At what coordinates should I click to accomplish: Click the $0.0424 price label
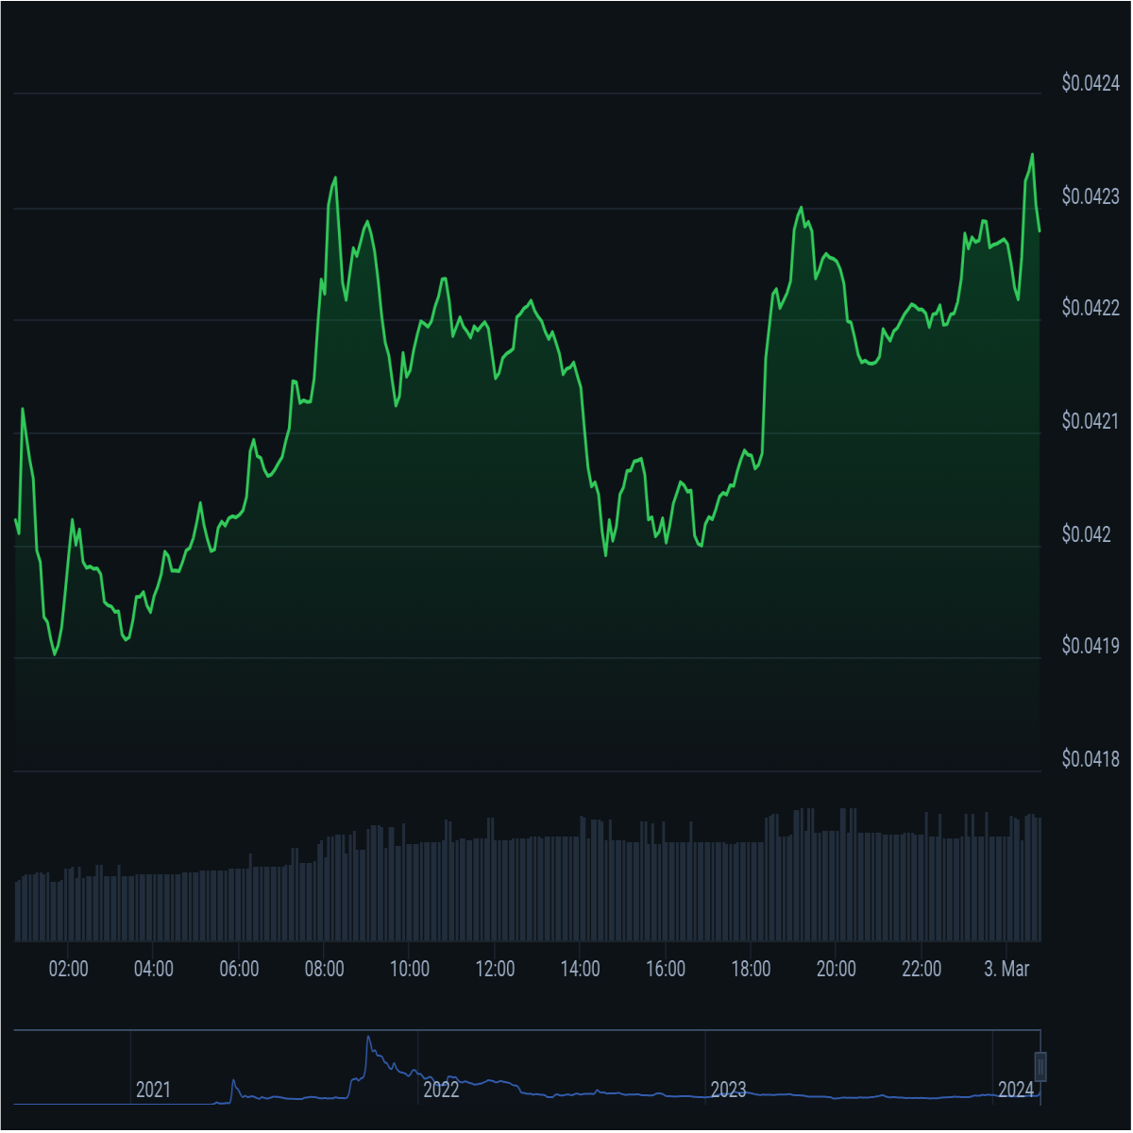click(x=1091, y=83)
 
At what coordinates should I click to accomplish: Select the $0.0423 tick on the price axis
click(x=1091, y=196)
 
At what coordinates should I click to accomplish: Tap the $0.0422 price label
click(x=1091, y=308)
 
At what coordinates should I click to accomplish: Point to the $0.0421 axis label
click(x=1091, y=421)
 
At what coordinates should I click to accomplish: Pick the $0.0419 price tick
click(x=1091, y=647)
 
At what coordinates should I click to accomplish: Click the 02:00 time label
click(x=68, y=970)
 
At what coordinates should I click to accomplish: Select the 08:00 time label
click(x=325, y=970)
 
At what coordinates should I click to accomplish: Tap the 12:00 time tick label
click(x=496, y=970)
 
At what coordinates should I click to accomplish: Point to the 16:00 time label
click(x=667, y=970)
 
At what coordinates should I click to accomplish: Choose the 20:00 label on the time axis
click(x=837, y=970)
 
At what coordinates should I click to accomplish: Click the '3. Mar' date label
click(x=1007, y=970)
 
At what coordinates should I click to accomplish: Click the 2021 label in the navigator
click(x=154, y=1091)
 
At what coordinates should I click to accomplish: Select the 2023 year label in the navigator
click(x=729, y=1091)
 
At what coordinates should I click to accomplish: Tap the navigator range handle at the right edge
click(x=1041, y=1067)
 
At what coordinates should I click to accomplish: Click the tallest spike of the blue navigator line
click(x=368, y=1037)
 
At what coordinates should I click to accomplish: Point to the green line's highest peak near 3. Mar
click(x=1033, y=154)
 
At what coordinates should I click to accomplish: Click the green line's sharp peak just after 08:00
click(x=336, y=177)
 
